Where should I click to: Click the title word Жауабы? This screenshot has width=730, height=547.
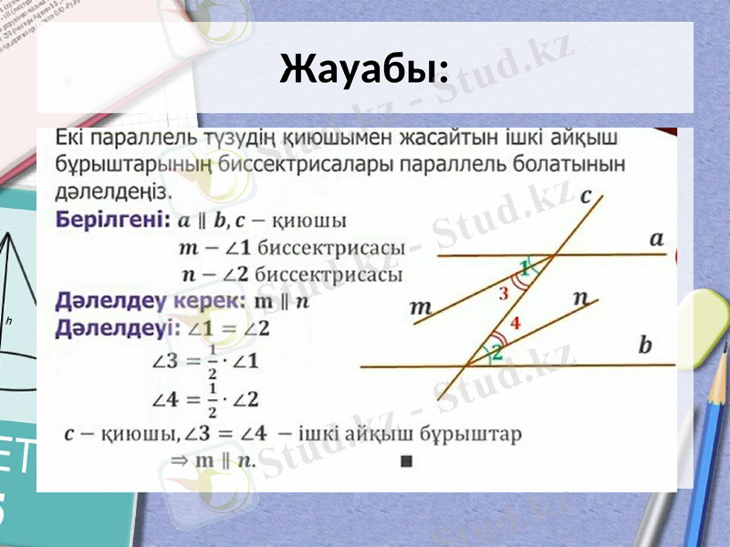pos(362,69)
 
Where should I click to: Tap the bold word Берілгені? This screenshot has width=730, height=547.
pos(112,221)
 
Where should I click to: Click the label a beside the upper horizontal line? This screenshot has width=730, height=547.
pos(656,239)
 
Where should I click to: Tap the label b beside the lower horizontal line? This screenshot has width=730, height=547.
pos(646,346)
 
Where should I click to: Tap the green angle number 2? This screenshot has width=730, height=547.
pos(496,351)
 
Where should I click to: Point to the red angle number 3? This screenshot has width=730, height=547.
pos(504,294)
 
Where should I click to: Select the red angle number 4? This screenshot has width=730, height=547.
pos(516,323)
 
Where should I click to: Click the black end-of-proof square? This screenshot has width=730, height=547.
pos(406,461)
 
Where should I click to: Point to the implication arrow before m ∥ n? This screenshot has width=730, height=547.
pos(179,460)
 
